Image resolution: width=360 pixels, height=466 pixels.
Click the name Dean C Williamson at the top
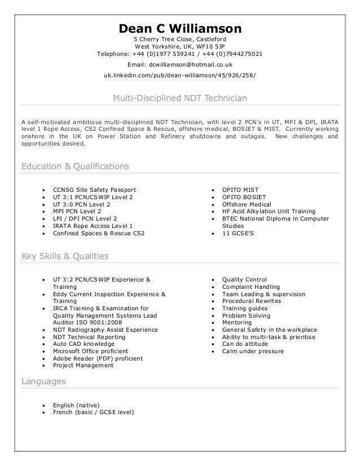180,28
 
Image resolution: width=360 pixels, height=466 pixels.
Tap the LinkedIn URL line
180,76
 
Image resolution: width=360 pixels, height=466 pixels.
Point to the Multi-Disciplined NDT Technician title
180,98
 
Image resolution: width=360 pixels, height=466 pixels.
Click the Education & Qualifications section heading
75,166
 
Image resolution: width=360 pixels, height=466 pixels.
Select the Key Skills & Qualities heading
64,256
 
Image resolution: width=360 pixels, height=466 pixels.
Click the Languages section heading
43,381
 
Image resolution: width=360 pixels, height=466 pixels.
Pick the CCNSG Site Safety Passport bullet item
94,190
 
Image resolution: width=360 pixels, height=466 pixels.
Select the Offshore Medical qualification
247,204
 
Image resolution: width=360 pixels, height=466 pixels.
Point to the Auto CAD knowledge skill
84,344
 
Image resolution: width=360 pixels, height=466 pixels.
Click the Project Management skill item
83,365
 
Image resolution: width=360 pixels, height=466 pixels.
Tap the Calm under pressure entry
253,351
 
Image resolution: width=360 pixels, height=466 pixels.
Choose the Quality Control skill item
244,279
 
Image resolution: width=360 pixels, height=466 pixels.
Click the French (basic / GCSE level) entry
93,412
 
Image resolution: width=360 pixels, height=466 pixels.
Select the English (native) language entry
76,405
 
